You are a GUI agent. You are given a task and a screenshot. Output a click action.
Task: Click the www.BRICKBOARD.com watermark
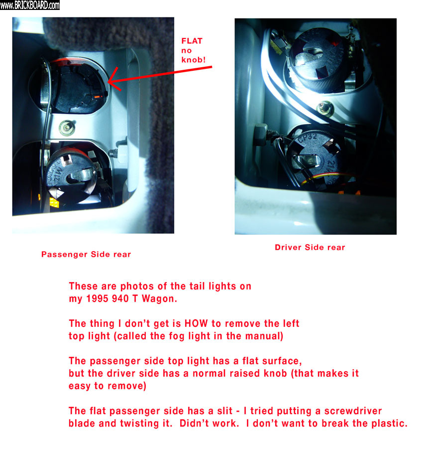tap(30, 5)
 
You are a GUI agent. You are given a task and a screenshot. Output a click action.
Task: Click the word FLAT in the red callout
tap(192, 41)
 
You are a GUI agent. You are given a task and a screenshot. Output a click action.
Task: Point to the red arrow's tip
tap(108, 83)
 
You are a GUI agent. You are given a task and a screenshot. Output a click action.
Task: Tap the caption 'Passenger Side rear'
tap(86, 254)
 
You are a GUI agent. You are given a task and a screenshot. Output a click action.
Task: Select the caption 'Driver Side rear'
tap(310, 247)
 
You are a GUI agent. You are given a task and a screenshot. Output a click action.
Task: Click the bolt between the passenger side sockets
tap(67, 128)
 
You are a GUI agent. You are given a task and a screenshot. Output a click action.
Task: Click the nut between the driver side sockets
tap(324, 109)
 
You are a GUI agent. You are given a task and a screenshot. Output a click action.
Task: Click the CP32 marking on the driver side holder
tap(308, 138)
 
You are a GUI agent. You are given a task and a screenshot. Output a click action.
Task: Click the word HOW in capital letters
tap(196, 323)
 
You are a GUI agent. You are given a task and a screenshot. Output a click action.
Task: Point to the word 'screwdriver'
tap(353, 411)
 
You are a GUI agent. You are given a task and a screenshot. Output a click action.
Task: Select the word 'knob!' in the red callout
tap(193, 60)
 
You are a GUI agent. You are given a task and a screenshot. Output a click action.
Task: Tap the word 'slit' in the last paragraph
tap(224, 411)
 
